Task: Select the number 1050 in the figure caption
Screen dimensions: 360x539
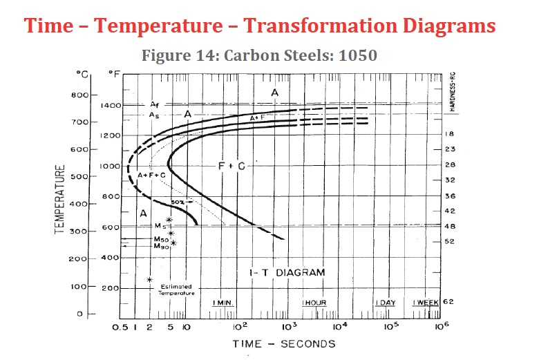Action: [357, 55]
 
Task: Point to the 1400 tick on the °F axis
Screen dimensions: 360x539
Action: [111, 106]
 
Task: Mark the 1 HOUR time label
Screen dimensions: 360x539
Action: [314, 303]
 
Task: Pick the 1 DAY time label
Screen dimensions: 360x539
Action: [386, 303]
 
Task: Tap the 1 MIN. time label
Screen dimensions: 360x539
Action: [221, 303]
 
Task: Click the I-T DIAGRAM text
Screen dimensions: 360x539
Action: [286, 273]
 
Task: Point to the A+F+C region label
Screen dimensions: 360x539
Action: [151, 176]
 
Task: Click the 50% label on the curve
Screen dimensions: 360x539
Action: [179, 202]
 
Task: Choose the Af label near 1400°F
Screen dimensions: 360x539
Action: [154, 104]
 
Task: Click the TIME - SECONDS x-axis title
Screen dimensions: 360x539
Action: [283, 343]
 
